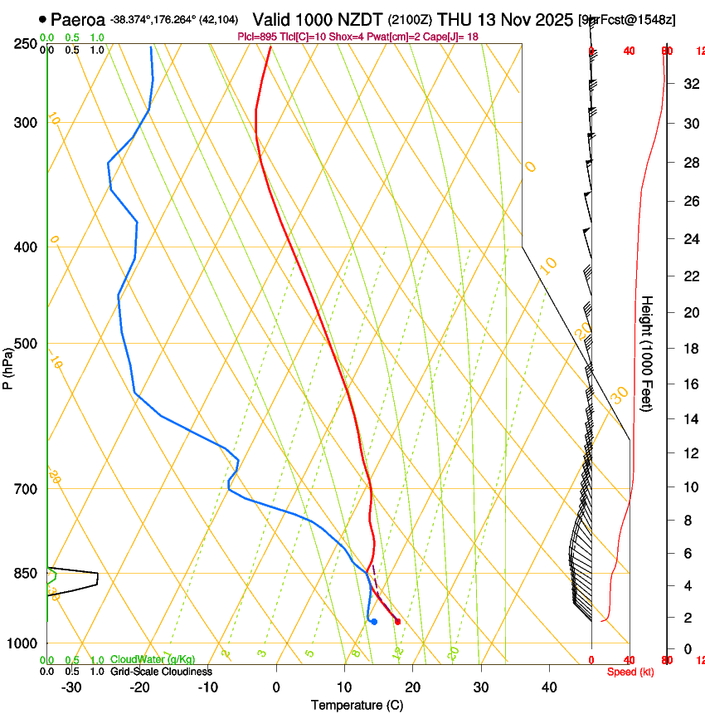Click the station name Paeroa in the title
pos(77,19)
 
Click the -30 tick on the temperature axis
pos(71,687)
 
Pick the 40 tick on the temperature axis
pos(549,687)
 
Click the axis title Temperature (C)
pos(357,705)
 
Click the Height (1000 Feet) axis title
pos(648,353)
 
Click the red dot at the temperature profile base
pos(398,621)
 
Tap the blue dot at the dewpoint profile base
pos(374,621)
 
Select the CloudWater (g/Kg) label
pos(153,660)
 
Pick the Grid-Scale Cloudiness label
pos(161,672)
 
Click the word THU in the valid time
pos(453,19)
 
